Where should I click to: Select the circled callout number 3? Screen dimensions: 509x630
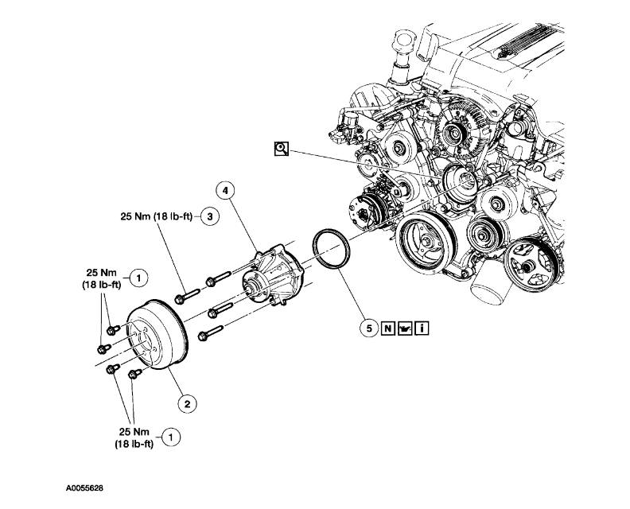(x=210, y=216)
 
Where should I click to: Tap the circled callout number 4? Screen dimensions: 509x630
(x=227, y=192)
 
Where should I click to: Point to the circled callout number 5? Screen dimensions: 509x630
(x=367, y=327)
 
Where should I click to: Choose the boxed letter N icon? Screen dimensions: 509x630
(x=387, y=327)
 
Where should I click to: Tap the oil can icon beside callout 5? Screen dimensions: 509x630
(x=405, y=327)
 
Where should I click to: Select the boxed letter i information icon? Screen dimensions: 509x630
(x=422, y=327)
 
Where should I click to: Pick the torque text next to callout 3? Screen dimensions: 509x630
(x=154, y=216)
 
